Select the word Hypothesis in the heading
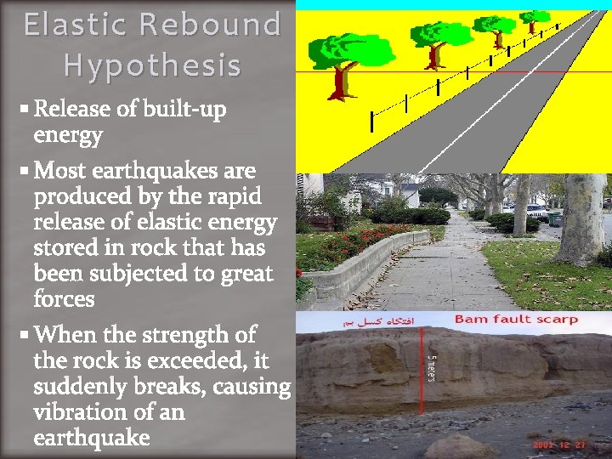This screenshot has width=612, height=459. coord(152,65)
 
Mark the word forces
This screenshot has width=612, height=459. coord(64,299)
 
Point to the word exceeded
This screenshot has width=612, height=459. coord(195,360)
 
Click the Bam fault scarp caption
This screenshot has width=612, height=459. coord(516,320)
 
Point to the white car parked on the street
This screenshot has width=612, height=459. coord(535,211)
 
